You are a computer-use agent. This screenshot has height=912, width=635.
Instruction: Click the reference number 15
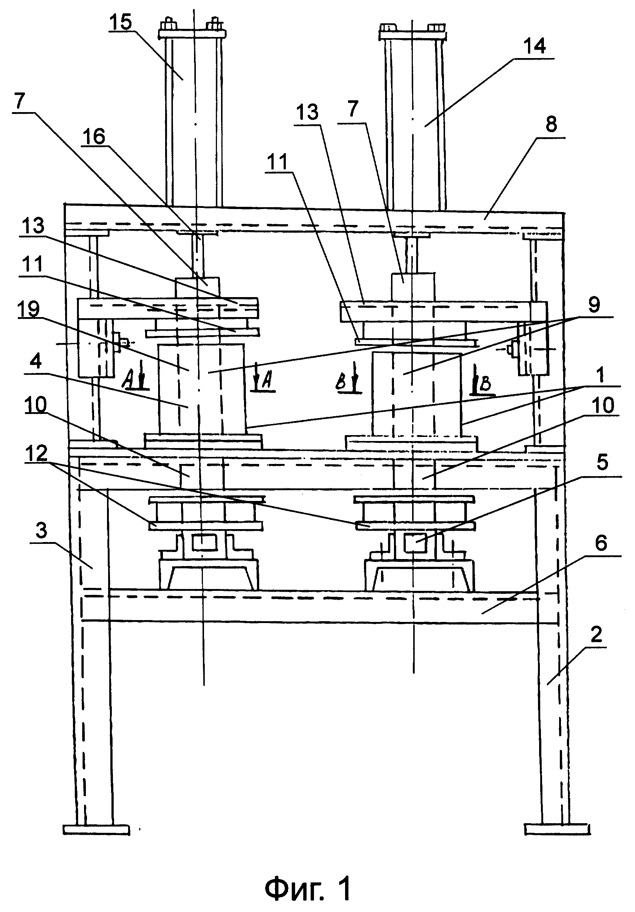tap(121, 23)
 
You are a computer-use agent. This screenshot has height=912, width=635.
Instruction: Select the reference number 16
tap(94, 137)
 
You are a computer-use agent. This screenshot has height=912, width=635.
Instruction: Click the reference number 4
tap(36, 362)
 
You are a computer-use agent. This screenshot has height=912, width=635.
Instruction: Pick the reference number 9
tap(593, 305)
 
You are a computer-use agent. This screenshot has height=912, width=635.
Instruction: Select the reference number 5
tap(602, 463)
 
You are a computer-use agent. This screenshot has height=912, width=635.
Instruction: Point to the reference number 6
tap(601, 544)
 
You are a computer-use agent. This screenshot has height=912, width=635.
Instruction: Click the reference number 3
tap(41, 531)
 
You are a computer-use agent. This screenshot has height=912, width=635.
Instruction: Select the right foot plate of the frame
tap(557, 829)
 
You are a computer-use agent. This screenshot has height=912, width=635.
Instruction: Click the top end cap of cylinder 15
tap(192, 33)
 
